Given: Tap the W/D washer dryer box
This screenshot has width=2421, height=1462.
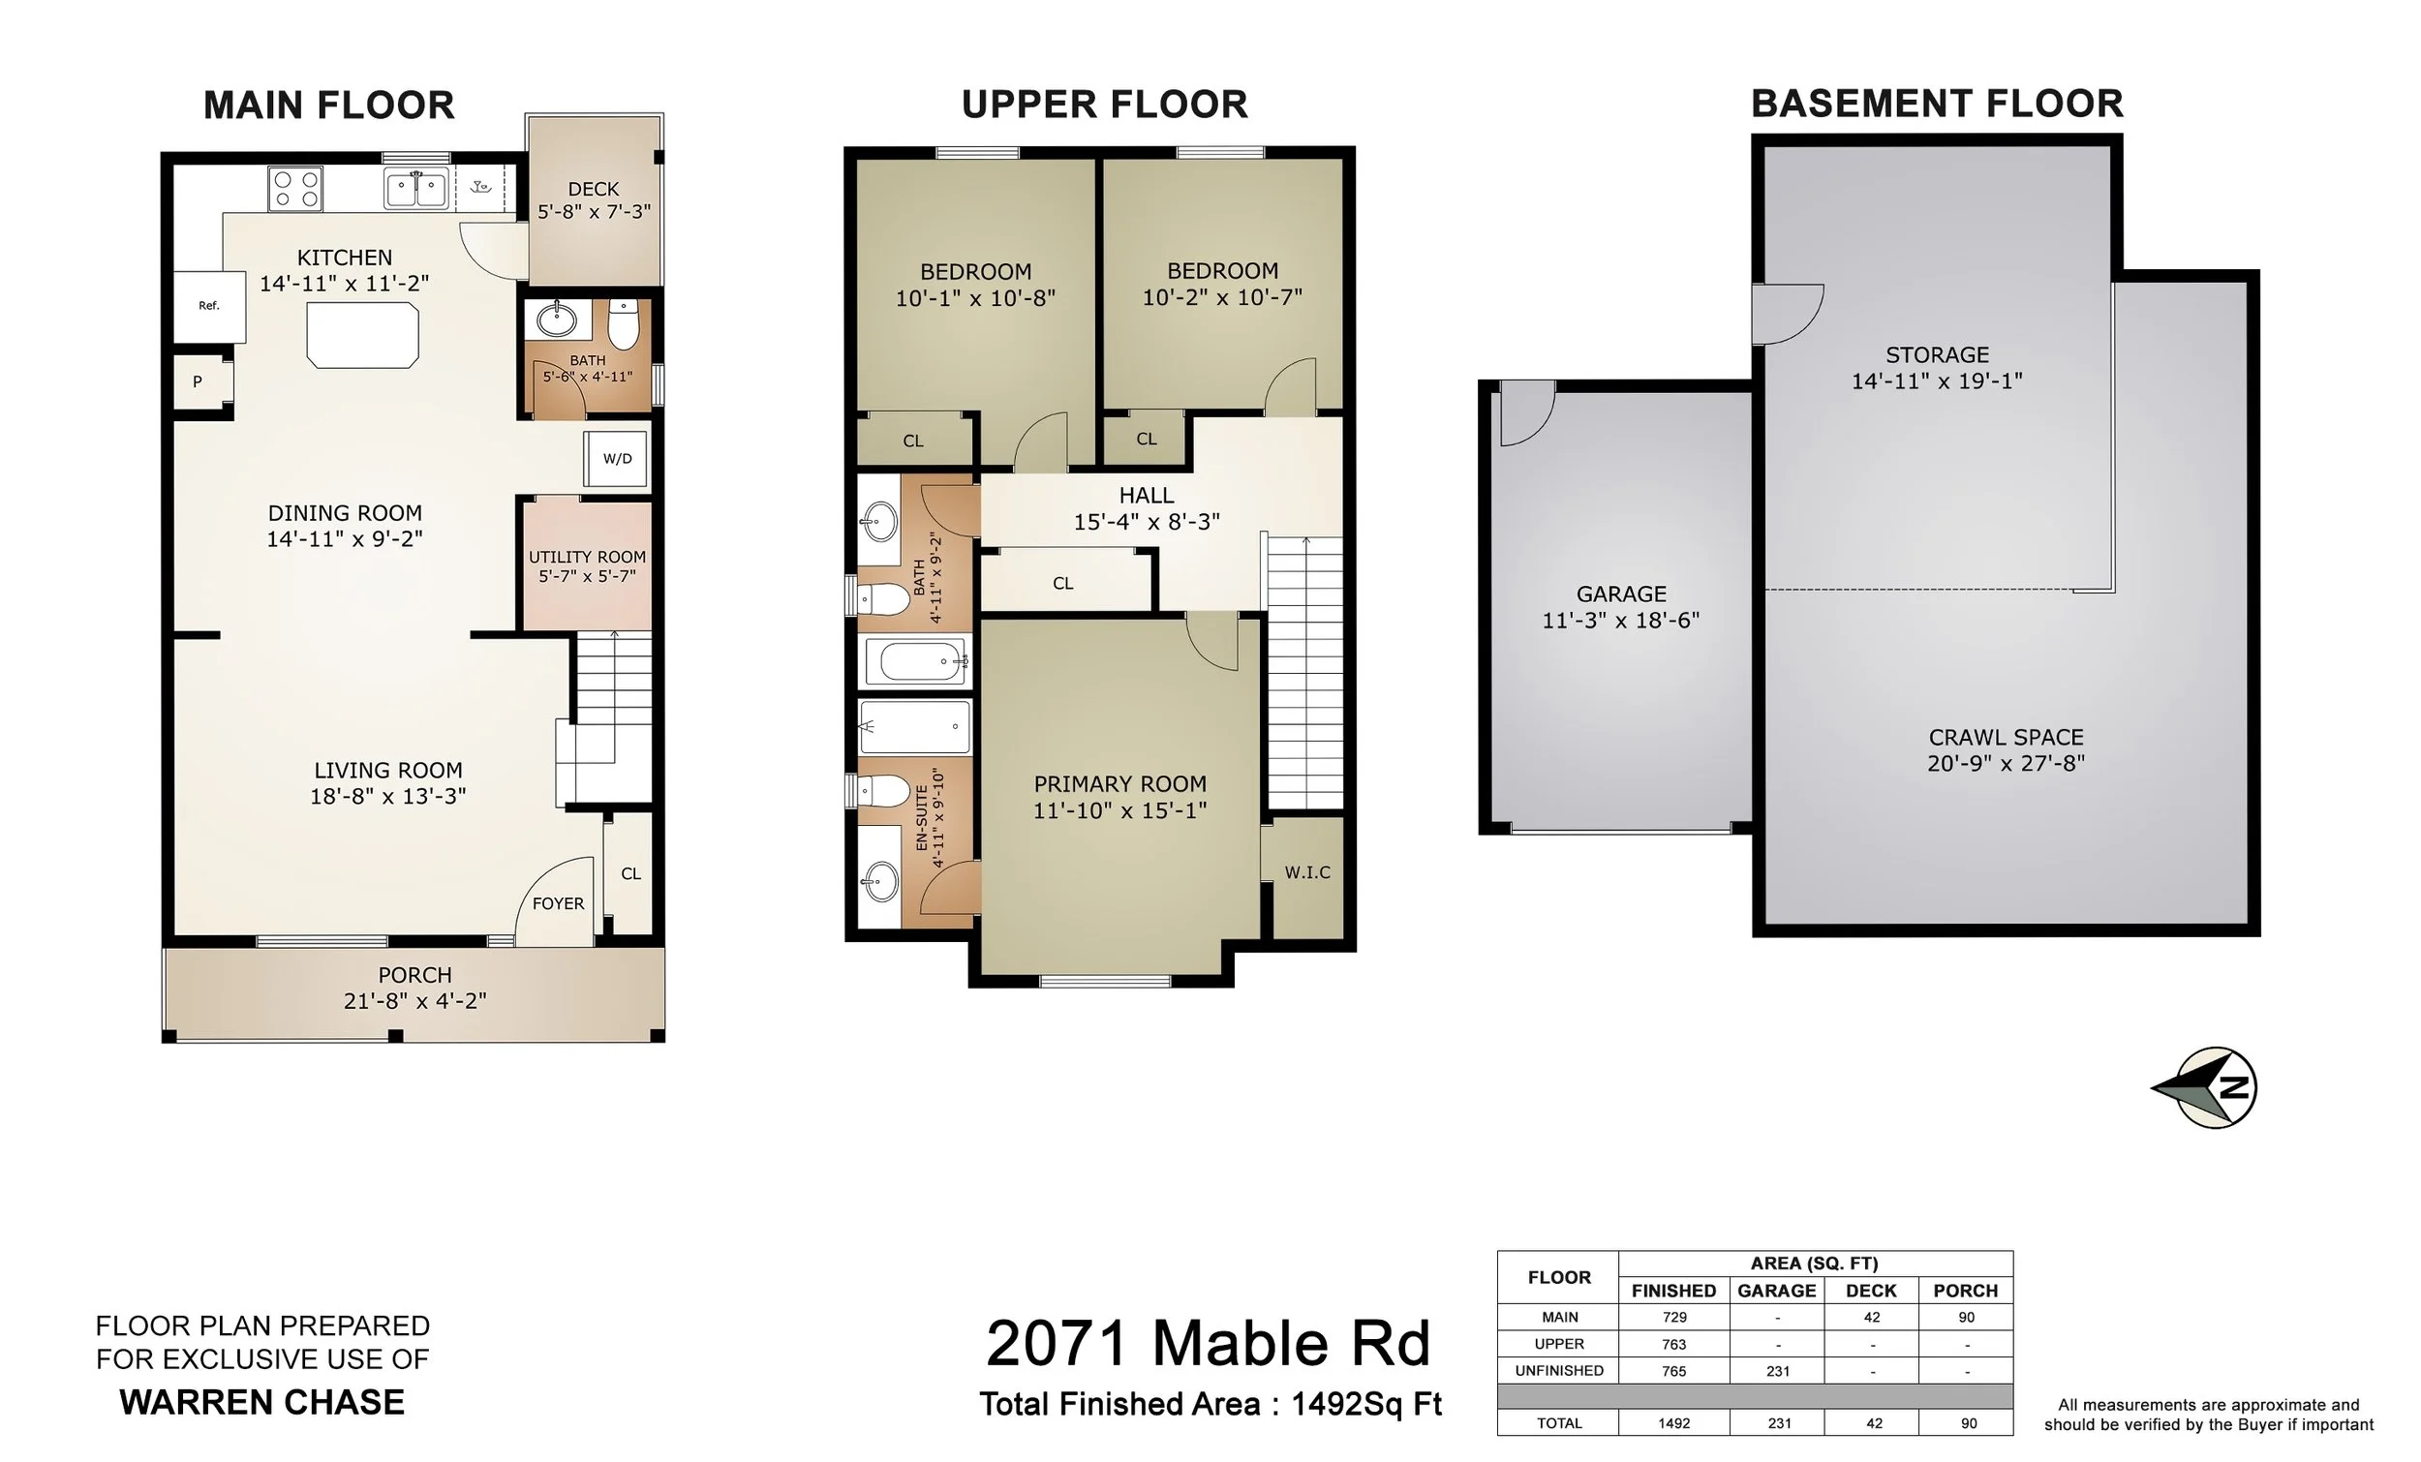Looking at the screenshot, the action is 617,459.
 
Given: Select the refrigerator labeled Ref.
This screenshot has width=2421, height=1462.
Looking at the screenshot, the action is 209,307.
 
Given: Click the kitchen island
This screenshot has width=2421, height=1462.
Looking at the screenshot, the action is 362,335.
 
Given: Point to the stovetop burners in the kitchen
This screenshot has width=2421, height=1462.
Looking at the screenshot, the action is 295,189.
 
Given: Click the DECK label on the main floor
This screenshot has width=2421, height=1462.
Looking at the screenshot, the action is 594,189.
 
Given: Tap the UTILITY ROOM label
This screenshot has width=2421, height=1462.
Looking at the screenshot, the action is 588,557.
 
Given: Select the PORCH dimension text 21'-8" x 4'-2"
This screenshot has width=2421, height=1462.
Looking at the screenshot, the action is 415,1001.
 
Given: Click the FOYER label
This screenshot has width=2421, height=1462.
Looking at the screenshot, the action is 558,904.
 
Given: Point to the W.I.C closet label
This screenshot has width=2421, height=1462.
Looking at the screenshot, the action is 1307,872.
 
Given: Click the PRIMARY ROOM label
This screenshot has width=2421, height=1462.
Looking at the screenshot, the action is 1120,784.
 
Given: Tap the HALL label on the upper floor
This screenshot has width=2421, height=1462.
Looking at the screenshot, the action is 1147,495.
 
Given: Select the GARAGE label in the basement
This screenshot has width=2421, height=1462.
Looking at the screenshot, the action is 1621,594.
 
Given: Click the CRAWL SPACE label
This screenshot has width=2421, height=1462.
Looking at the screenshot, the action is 2007,737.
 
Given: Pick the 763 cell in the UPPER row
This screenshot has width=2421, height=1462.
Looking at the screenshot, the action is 1674,1344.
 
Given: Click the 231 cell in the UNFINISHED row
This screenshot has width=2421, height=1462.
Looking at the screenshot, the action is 1777,1371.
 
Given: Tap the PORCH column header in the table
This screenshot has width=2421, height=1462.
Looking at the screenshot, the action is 1965,1291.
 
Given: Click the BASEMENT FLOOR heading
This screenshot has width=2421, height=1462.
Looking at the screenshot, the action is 1938,105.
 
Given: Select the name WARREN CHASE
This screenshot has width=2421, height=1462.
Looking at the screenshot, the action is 262,1402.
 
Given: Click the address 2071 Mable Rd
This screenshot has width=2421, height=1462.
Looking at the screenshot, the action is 1209,1343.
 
